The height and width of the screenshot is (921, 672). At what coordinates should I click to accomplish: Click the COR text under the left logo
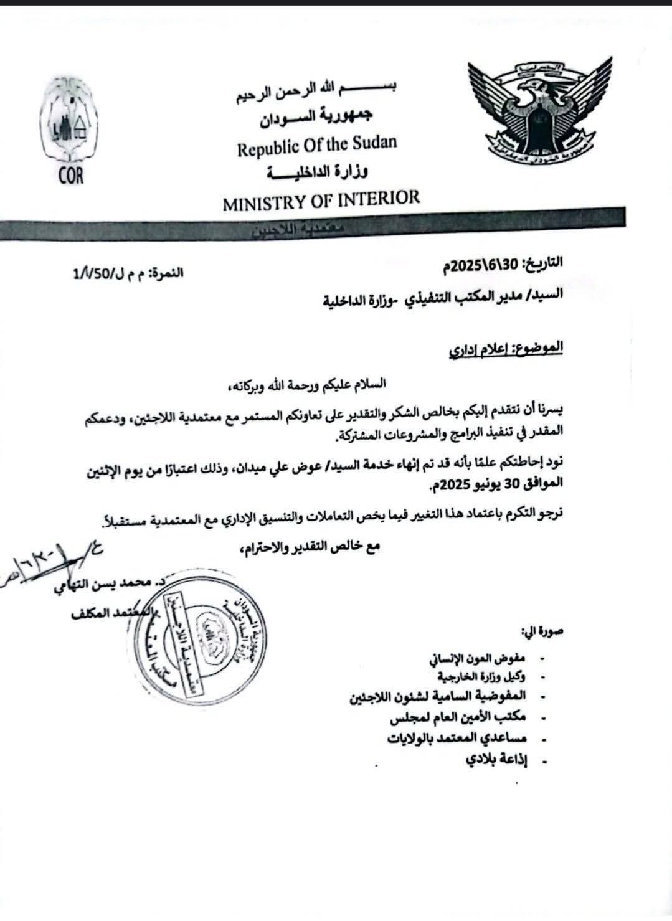70,176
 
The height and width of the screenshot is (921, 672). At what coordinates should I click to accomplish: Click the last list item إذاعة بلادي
495,760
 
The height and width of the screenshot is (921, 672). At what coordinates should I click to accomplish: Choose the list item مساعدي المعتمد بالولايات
457,739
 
